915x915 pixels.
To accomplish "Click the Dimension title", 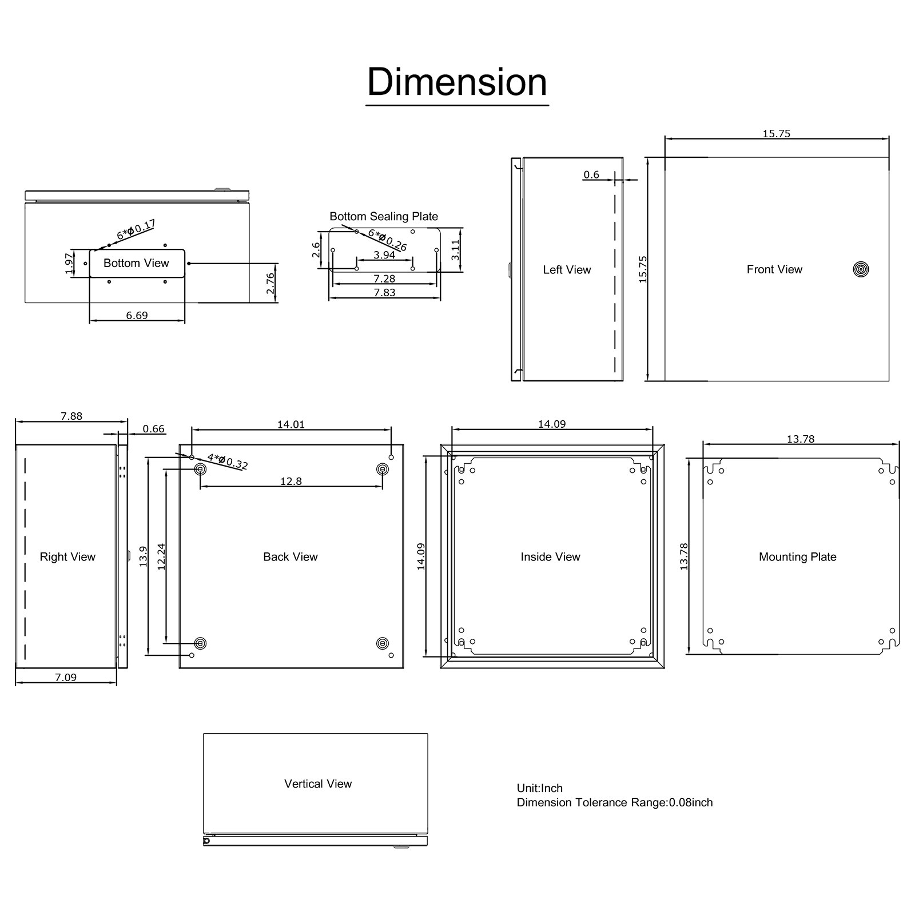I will coord(457,82).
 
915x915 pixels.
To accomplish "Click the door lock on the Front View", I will coord(861,269).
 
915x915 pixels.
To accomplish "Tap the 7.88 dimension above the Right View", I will coord(71,416).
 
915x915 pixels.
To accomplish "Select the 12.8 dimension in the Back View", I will coord(291,481).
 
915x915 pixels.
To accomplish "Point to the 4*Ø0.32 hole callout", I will coord(227,461).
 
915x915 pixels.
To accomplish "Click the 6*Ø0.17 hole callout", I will coord(136,230).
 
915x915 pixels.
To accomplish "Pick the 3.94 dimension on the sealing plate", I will coord(384,255).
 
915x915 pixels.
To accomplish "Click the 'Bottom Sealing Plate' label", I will coord(384,216).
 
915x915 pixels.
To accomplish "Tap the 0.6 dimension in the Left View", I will coord(591,174).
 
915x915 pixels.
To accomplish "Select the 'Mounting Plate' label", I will coord(797,556).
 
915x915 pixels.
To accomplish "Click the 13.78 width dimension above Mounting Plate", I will coord(801,439).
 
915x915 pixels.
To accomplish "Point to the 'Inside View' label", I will coord(550,556).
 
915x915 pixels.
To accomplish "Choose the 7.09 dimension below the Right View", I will coord(66,677).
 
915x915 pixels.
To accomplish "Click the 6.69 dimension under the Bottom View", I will coord(137,315).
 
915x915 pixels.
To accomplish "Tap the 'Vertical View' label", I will coord(318,783).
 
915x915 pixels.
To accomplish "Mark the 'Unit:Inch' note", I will coord(540,788).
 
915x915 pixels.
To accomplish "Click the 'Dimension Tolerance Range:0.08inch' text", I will coord(615,802).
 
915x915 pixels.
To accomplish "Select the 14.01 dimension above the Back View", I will coord(291,424).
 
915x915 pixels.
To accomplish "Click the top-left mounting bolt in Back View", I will coord(200,470).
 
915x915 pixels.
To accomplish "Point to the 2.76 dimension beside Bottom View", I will coord(271,283).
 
